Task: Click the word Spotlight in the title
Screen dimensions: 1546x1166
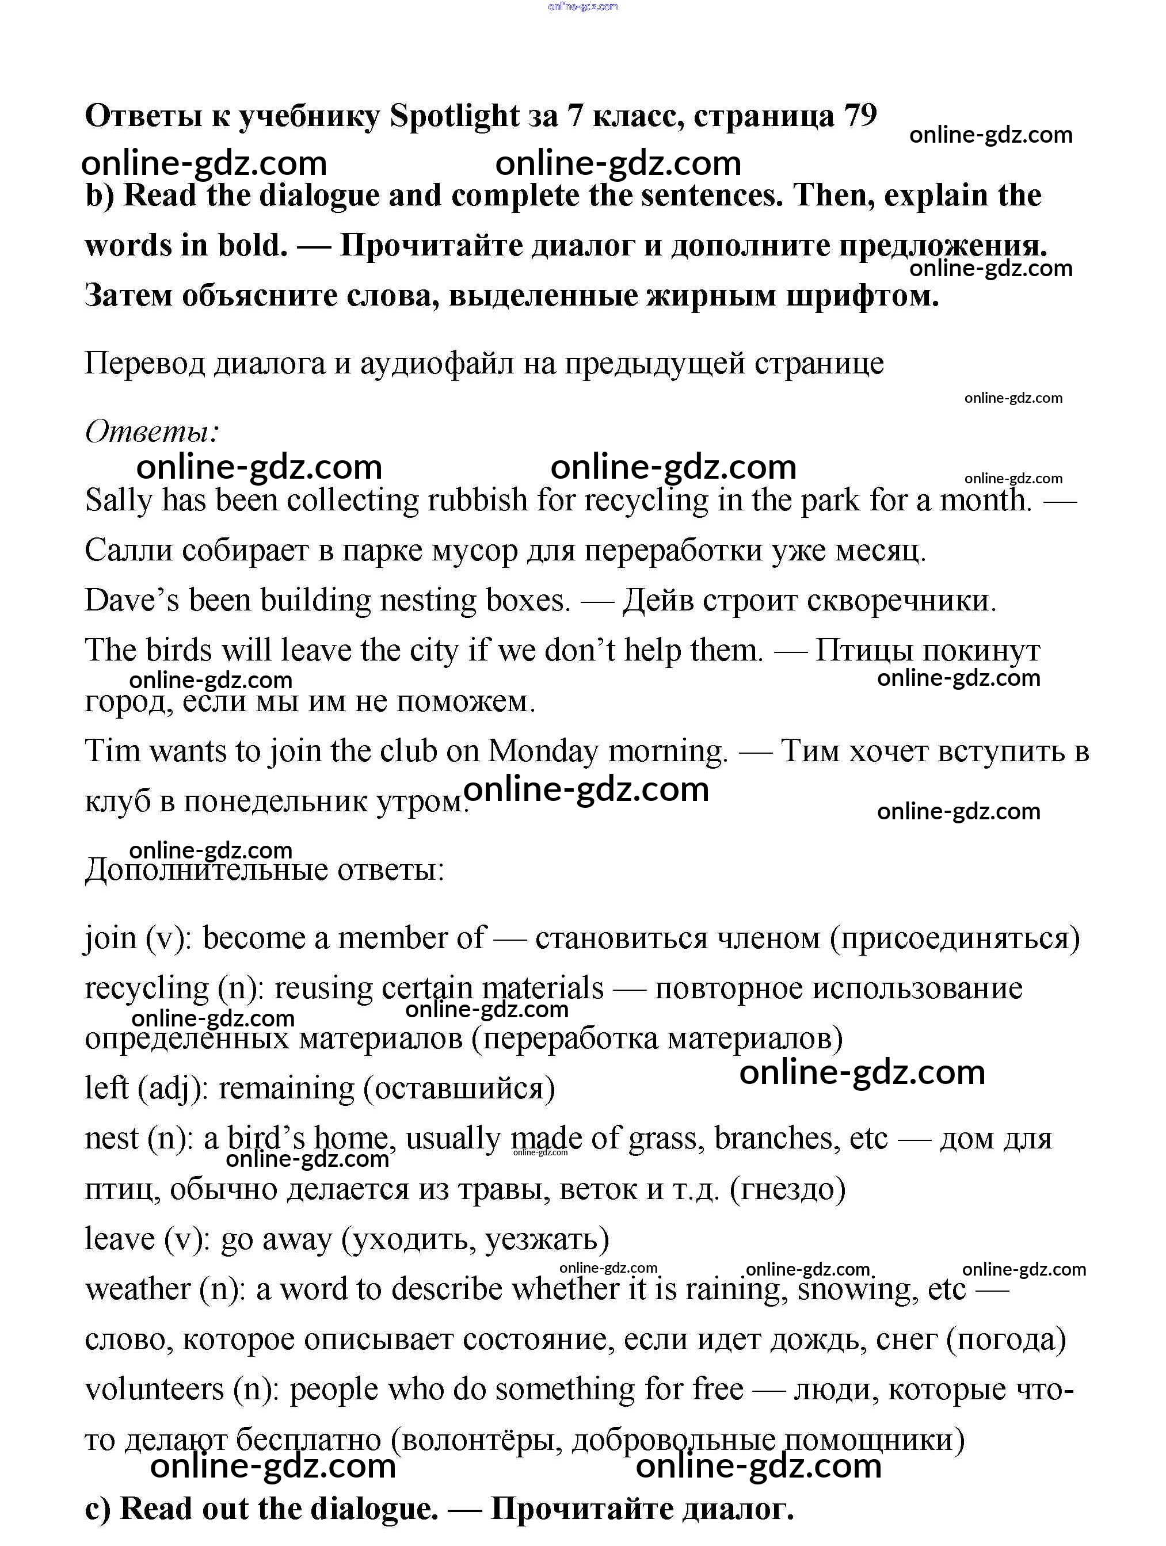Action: pyautogui.click(x=455, y=117)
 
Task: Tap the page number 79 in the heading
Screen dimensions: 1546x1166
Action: pyautogui.click(x=860, y=116)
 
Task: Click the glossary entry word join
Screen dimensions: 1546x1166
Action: pyautogui.click(x=110, y=938)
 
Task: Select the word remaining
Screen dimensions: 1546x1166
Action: pyautogui.click(x=287, y=1089)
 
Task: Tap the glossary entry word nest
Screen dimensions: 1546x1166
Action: pyautogui.click(x=112, y=1139)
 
